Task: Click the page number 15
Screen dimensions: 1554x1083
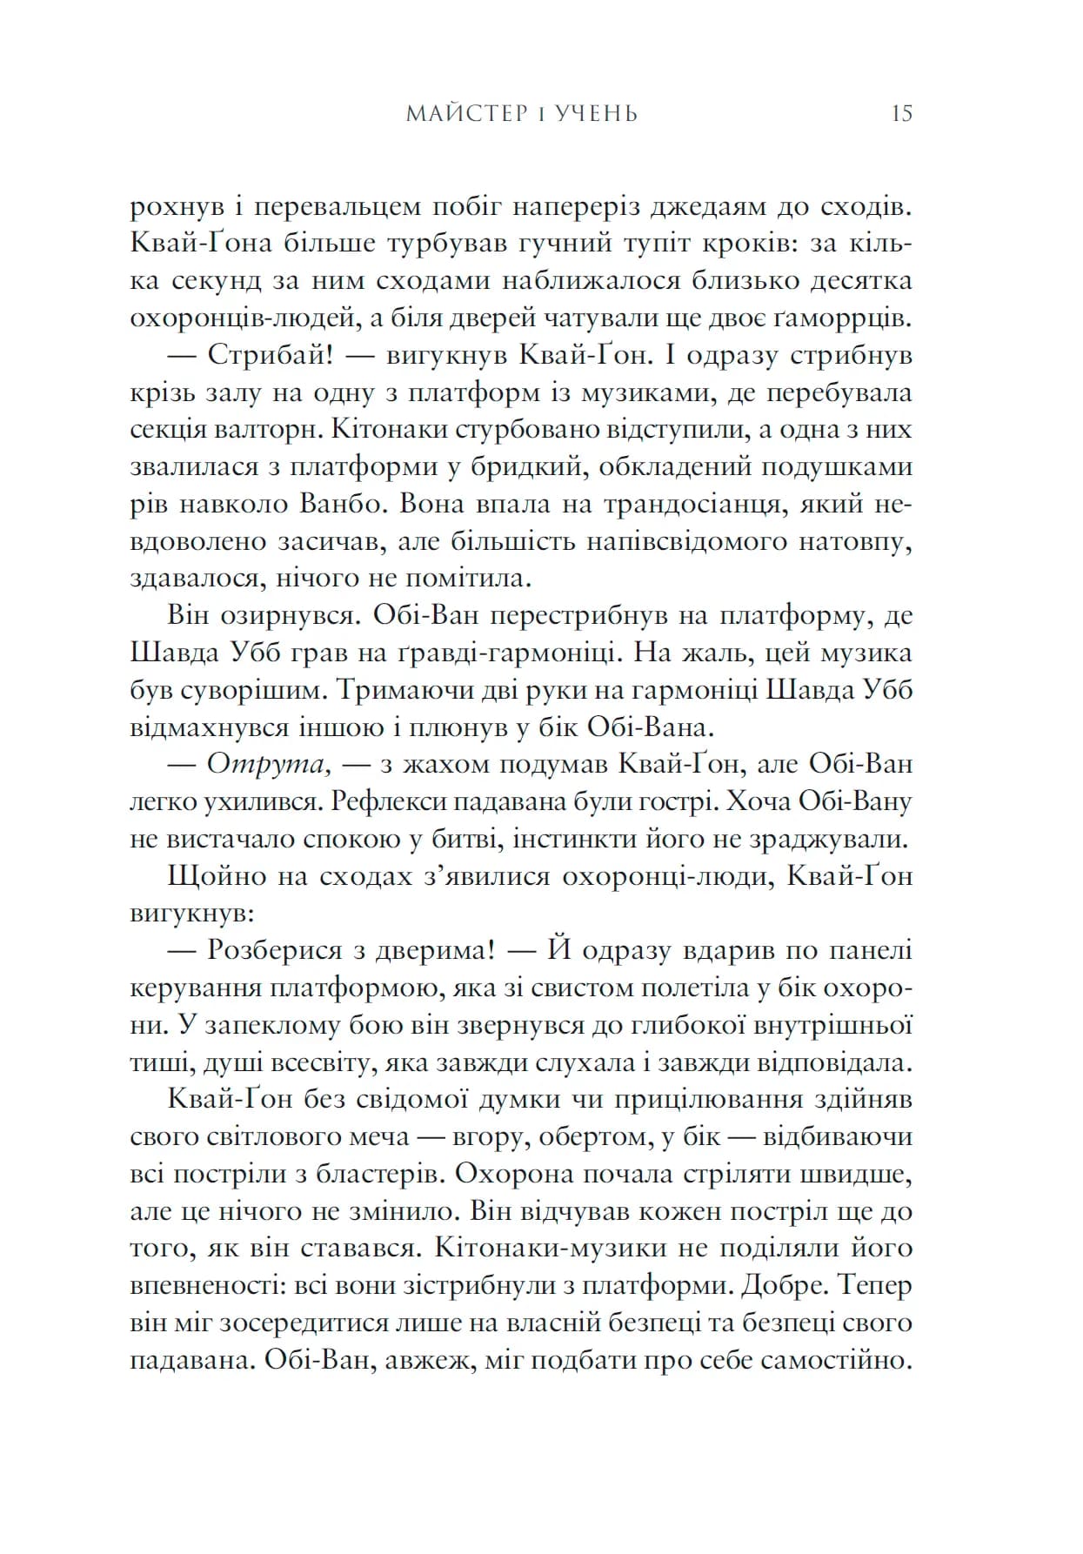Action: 901,114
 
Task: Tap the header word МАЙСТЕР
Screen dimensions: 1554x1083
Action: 465,114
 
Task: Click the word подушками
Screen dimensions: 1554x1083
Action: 837,467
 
